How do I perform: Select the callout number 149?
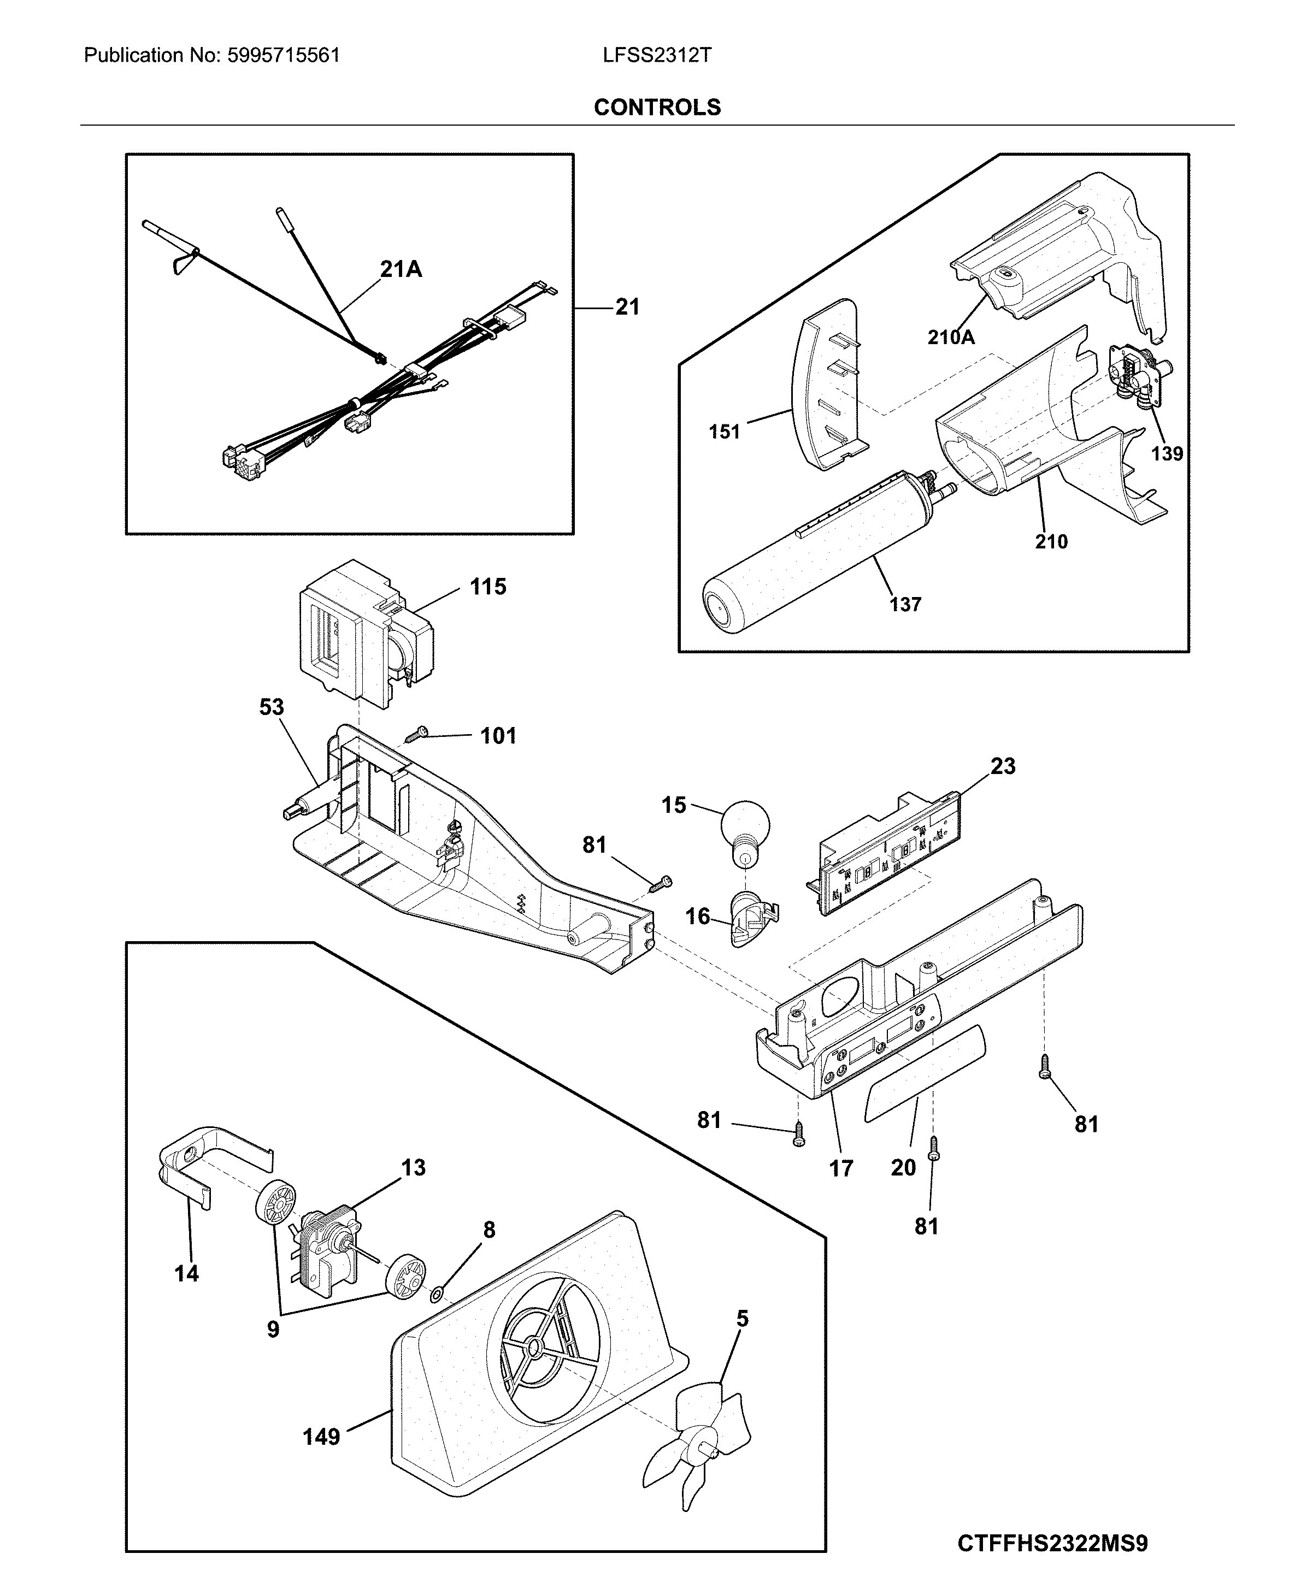321,1436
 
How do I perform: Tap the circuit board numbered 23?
888,858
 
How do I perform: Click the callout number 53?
272,706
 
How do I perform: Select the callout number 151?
723,431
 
